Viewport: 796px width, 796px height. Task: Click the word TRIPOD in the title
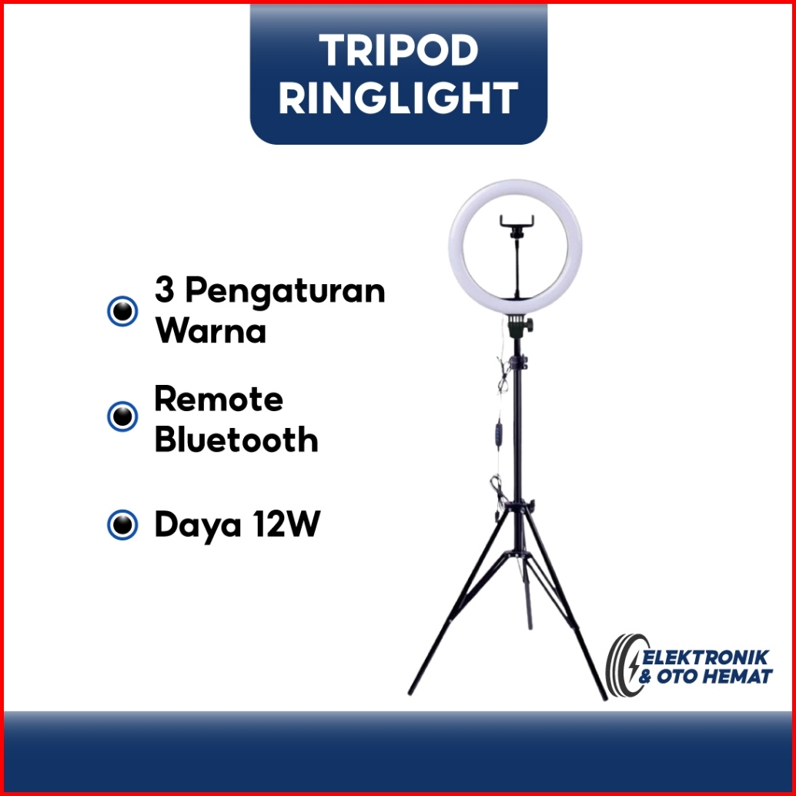(399, 50)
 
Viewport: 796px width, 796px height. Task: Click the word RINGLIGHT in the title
(399, 98)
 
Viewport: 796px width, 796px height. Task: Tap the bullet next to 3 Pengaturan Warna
(122, 311)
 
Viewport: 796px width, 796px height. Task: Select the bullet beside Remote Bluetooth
(122, 416)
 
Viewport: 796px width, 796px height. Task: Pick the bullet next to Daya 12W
(122, 524)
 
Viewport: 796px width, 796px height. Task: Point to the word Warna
(211, 331)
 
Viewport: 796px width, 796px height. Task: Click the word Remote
(219, 399)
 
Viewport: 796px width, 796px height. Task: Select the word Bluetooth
(236, 439)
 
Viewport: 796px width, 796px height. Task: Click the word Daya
(198, 527)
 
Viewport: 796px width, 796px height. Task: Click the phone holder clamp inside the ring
(517, 225)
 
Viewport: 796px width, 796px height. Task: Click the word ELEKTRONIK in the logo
(706, 657)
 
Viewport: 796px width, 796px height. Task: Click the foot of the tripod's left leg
(411, 691)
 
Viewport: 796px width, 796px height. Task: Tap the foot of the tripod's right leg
(604, 696)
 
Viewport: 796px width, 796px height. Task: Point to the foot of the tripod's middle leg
(530, 625)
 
